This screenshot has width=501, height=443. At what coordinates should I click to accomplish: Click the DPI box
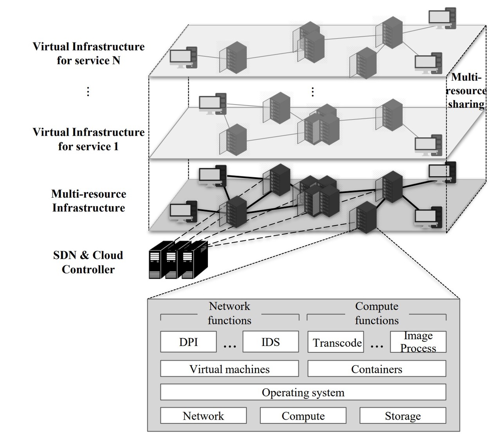(188, 342)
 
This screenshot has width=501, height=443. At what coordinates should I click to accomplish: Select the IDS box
(270, 342)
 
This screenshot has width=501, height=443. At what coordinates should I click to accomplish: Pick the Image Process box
(418, 342)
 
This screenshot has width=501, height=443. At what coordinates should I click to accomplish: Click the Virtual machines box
(229, 369)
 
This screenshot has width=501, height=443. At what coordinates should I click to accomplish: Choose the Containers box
(377, 369)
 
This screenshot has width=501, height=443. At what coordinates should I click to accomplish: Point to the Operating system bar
(303, 392)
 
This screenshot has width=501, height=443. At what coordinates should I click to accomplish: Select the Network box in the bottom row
(204, 416)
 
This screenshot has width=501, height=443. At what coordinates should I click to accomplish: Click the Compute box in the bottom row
(303, 416)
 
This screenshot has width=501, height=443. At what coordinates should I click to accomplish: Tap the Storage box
(403, 416)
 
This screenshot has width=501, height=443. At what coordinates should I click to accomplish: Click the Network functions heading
(229, 313)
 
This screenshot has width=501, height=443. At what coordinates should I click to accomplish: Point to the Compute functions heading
(377, 313)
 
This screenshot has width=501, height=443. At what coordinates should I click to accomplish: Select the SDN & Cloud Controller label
(88, 262)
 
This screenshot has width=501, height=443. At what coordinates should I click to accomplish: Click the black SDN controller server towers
(178, 260)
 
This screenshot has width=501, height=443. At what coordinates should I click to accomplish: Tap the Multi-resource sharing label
(466, 91)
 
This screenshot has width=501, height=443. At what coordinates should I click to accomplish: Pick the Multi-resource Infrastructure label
(88, 201)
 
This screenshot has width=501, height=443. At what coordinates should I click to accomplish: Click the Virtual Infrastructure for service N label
(88, 54)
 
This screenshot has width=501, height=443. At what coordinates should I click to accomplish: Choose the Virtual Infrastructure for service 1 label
(88, 139)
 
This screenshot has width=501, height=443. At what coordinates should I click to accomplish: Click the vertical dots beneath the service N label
(88, 92)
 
